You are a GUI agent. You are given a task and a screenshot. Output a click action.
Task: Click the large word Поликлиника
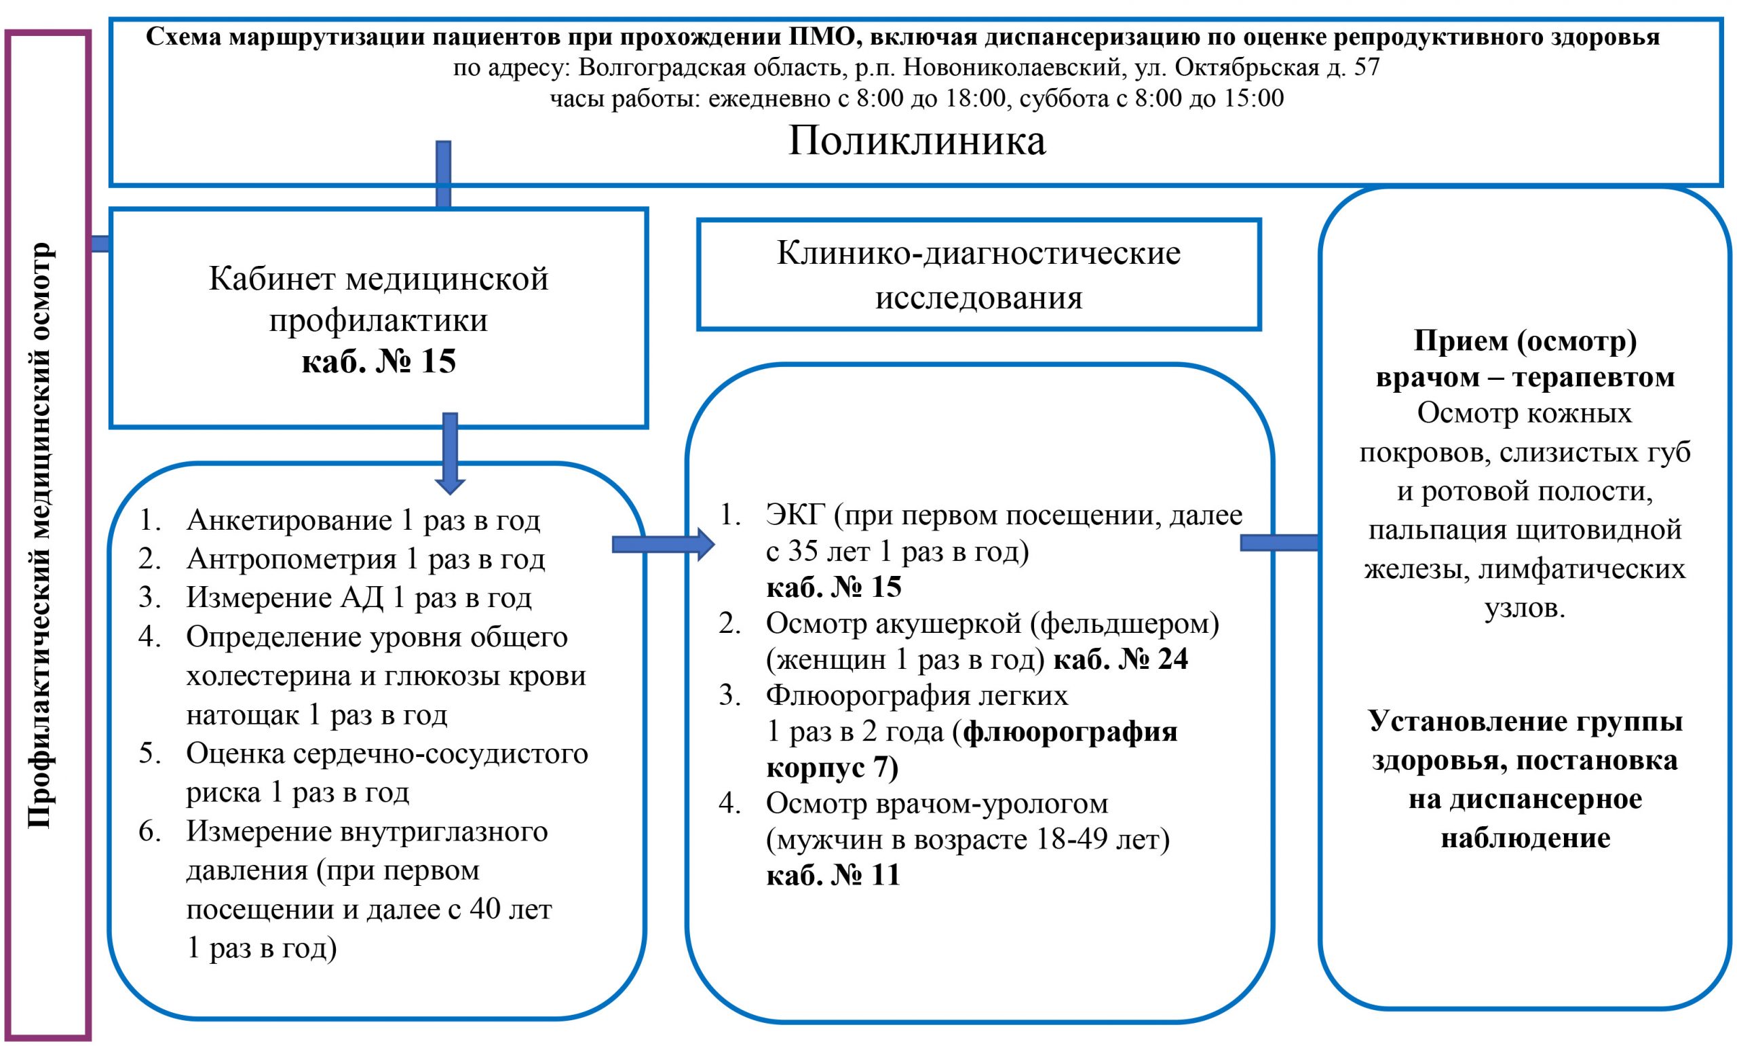pyautogui.click(x=917, y=141)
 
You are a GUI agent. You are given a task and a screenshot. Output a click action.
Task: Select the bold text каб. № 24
pyautogui.click(x=1121, y=659)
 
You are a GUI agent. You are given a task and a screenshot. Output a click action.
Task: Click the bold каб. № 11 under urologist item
pyautogui.click(x=833, y=875)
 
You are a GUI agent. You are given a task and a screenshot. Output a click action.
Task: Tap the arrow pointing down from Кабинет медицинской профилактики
pyautogui.click(x=450, y=453)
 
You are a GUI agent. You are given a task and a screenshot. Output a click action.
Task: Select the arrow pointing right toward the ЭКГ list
pyautogui.click(x=664, y=543)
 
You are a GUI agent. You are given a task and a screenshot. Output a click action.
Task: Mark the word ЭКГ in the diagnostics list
pyautogui.click(x=796, y=516)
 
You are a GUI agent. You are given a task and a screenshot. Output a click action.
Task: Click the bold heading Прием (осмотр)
pyautogui.click(x=1525, y=341)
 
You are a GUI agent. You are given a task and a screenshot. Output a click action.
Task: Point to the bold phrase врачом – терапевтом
pyautogui.click(x=1525, y=378)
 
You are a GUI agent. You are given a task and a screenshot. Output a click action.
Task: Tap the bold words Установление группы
pyautogui.click(x=1525, y=721)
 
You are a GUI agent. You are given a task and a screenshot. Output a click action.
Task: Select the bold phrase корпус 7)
pyautogui.click(x=833, y=767)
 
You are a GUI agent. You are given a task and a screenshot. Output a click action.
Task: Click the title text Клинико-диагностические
pyautogui.click(x=978, y=253)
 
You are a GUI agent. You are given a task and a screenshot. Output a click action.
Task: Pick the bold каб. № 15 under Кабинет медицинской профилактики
pyautogui.click(x=379, y=362)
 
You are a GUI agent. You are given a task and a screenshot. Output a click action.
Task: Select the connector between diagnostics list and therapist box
pyautogui.click(x=1280, y=542)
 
